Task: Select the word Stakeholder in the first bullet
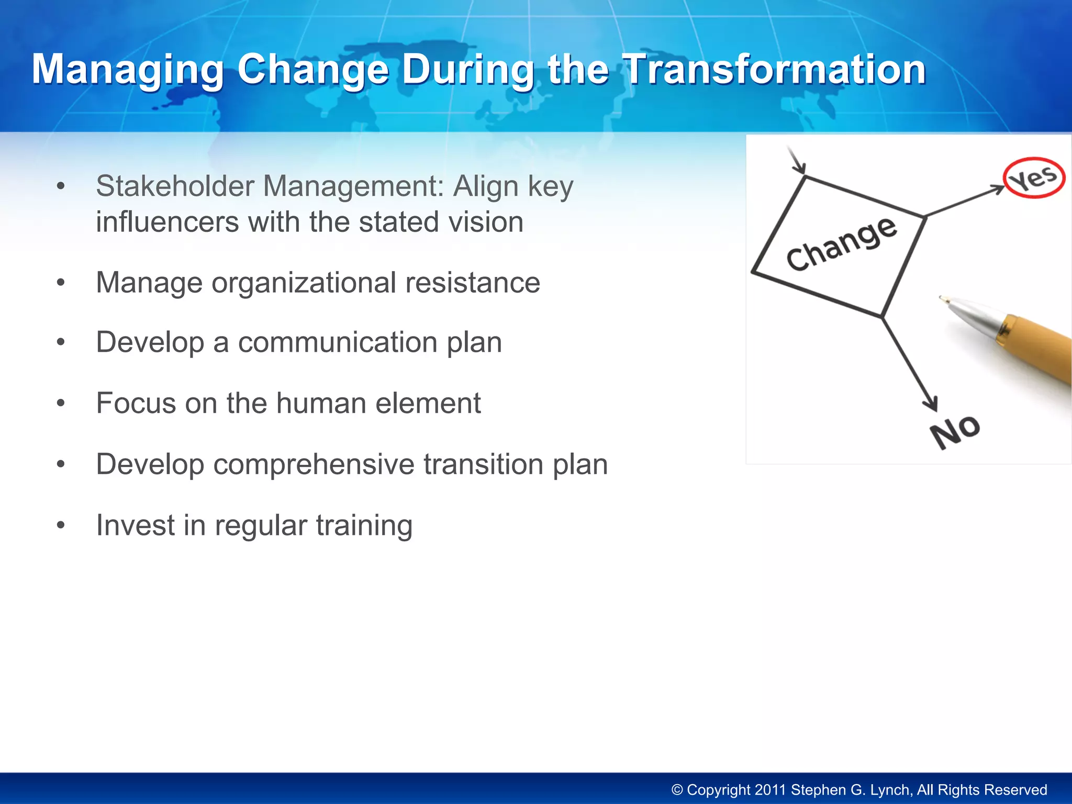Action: coord(174,186)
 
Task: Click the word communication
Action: coord(338,342)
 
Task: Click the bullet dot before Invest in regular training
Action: coord(61,525)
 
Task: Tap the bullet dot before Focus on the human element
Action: coord(61,404)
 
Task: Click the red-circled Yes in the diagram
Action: coord(1034,178)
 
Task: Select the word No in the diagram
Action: coord(955,431)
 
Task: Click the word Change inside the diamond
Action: coord(841,245)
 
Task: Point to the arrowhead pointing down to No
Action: coord(931,405)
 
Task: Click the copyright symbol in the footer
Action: coord(677,790)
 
